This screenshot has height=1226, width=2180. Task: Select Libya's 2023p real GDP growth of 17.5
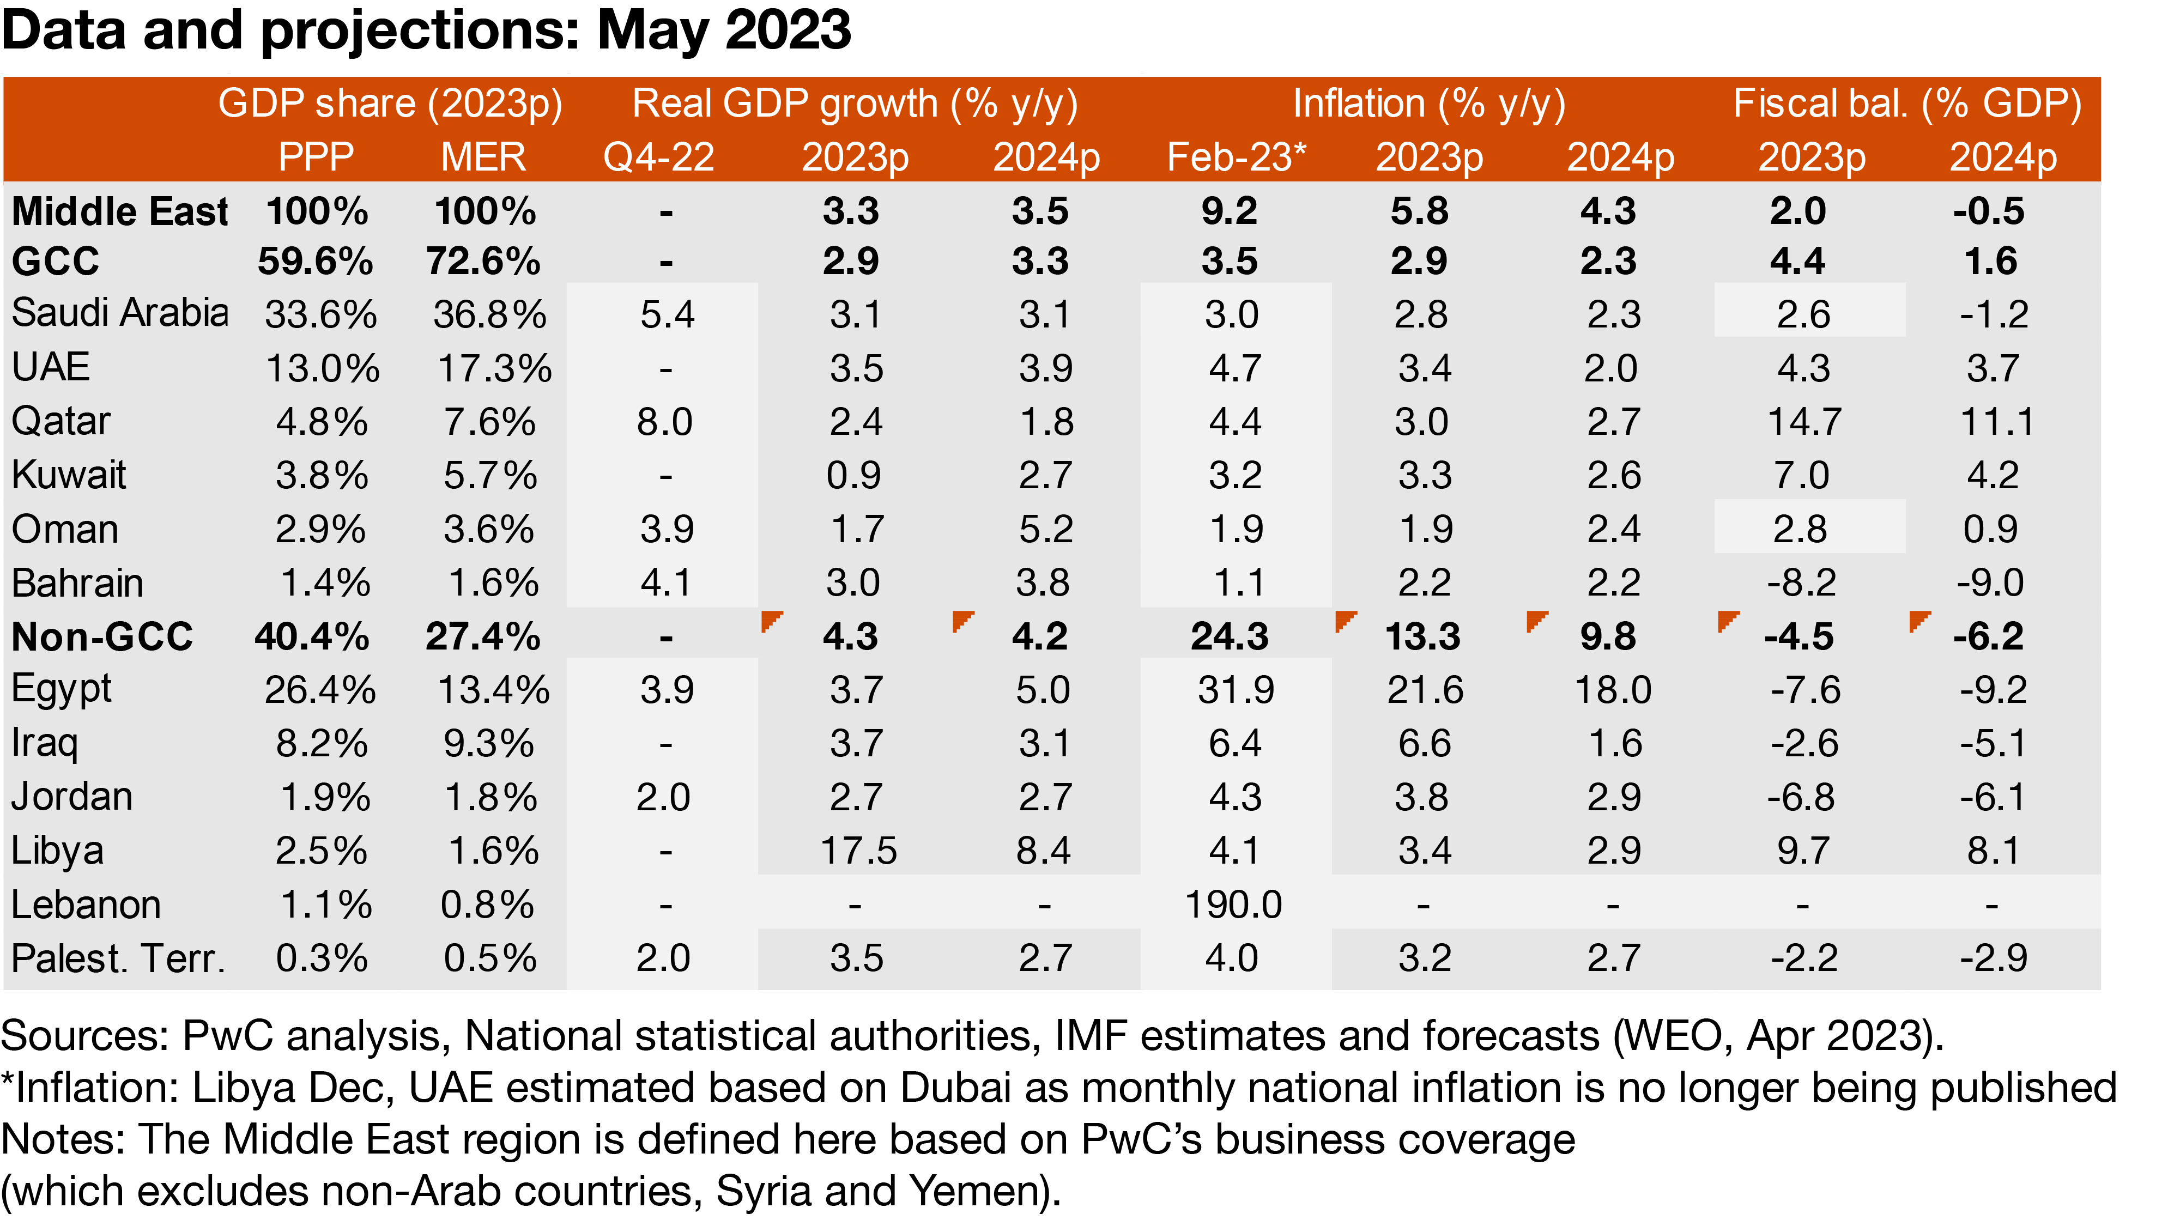[857, 851]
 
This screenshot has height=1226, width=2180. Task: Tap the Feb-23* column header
[1236, 157]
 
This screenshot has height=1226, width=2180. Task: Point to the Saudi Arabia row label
[120, 313]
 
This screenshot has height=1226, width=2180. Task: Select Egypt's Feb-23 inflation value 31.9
[1235, 690]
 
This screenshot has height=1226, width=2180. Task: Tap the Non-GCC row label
[102, 636]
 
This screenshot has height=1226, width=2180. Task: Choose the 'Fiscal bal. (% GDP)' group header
[1906, 104]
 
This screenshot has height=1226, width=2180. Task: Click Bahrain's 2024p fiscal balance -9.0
[1990, 583]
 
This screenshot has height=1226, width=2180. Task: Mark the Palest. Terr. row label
[118, 958]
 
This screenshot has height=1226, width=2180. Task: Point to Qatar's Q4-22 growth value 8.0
[664, 421]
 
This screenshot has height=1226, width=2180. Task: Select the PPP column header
[316, 157]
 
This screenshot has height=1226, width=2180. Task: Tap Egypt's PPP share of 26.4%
[320, 690]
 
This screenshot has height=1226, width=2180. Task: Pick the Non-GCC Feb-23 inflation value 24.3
[1229, 636]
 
